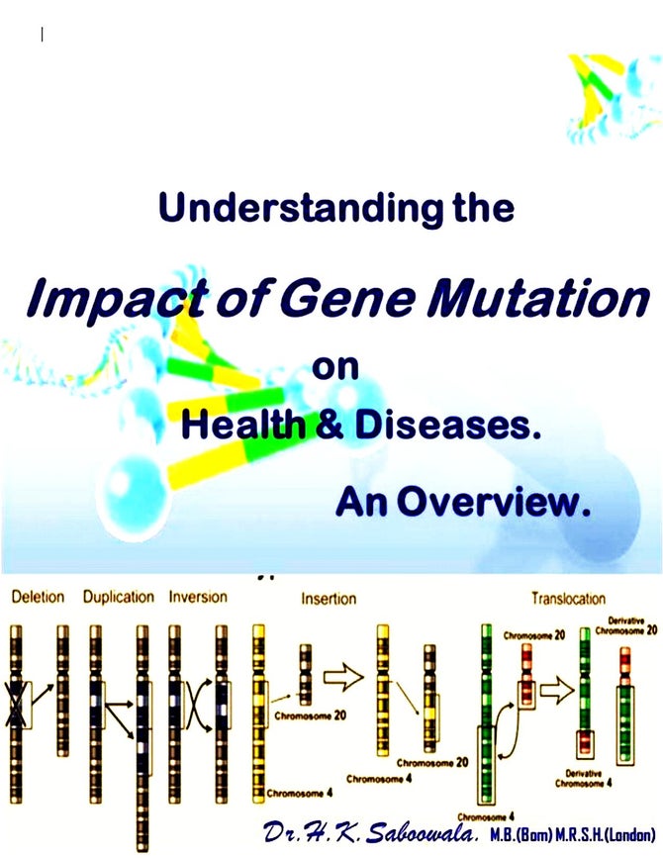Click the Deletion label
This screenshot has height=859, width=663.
[x=38, y=597]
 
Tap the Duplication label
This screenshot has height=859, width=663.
[x=119, y=597]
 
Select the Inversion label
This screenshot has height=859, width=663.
[x=198, y=597]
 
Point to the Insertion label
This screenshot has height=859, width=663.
[x=329, y=598]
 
